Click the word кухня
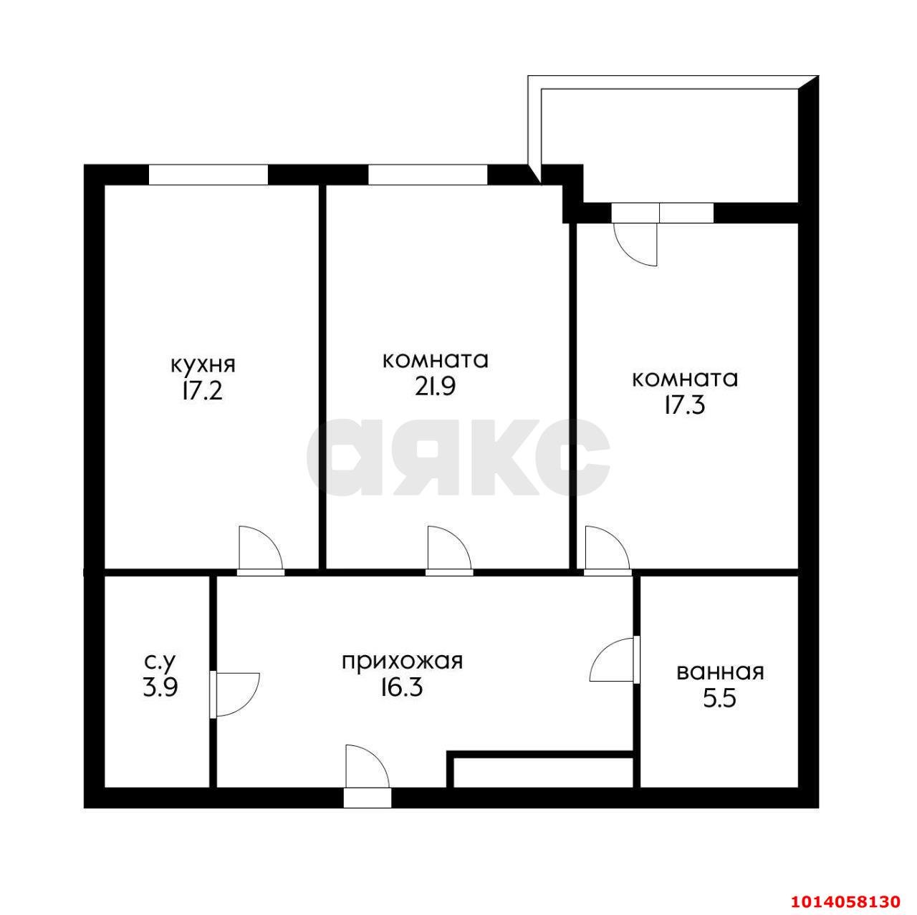point(203,364)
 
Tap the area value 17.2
point(203,392)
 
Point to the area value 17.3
point(684,405)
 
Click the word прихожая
point(403,660)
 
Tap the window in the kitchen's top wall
point(208,175)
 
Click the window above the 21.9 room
point(428,175)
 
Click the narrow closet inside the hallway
point(543,773)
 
